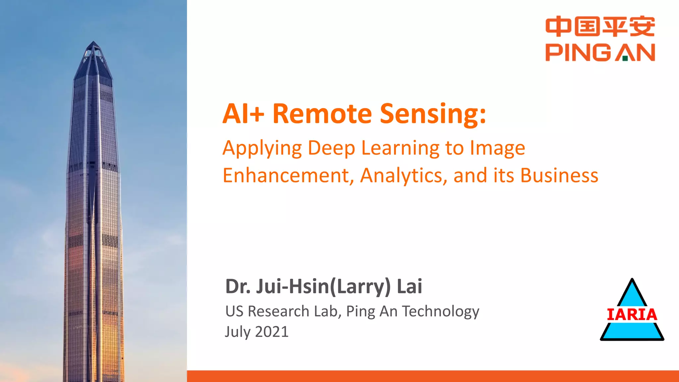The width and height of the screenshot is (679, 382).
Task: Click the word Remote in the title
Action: click(322, 113)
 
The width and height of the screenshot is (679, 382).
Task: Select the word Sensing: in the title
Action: click(433, 113)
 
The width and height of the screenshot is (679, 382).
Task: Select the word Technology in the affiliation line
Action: click(441, 311)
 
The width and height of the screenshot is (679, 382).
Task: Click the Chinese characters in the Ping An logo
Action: click(600, 27)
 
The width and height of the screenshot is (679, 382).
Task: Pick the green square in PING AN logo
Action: click(625, 59)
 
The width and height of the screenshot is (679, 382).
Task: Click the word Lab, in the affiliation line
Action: click(328, 311)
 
